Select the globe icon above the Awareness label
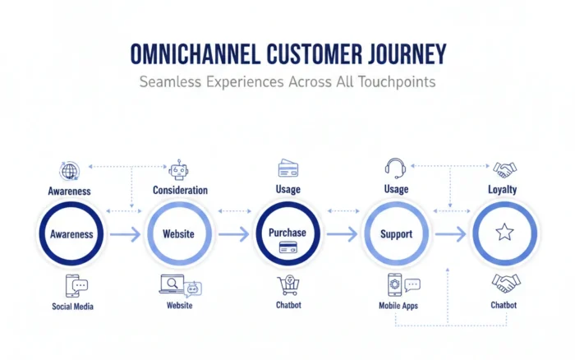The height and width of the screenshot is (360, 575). [69, 171]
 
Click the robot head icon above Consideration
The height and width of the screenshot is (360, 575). [179, 170]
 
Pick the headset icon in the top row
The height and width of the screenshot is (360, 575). [396, 168]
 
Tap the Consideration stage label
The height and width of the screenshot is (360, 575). [180, 190]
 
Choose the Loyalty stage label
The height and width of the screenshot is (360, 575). [504, 189]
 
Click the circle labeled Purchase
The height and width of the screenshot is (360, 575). [287, 233]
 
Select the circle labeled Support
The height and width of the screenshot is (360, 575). [396, 233]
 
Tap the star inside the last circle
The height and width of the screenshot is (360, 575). [504, 233]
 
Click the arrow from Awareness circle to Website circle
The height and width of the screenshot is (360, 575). [124, 234]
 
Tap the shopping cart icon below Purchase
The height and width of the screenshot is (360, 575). [287, 285]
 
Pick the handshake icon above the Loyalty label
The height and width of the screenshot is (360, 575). [504, 169]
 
